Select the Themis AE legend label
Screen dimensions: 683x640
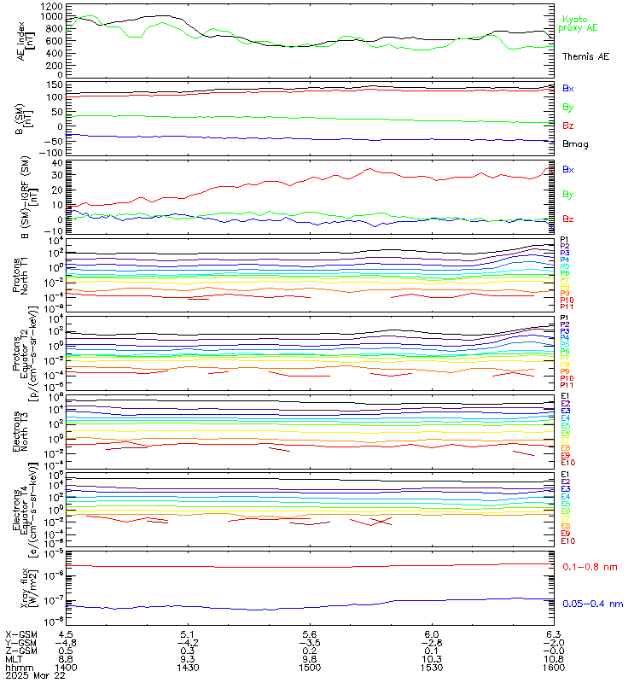click(x=585, y=55)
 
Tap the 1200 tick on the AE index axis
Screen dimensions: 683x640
click(x=51, y=5)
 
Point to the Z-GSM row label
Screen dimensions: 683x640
click(x=21, y=650)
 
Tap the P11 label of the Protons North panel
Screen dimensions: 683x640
click(x=565, y=306)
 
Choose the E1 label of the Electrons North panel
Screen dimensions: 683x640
click(x=565, y=397)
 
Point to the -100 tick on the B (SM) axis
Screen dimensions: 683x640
click(x=51, y=152)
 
